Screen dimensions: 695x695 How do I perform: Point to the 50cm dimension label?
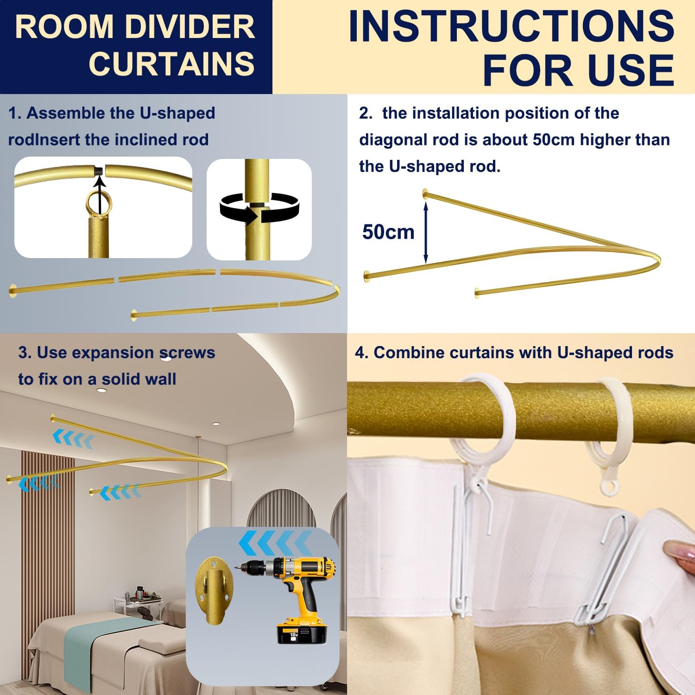pos(388,232)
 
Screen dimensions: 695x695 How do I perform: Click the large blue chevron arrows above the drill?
pos(275,543)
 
